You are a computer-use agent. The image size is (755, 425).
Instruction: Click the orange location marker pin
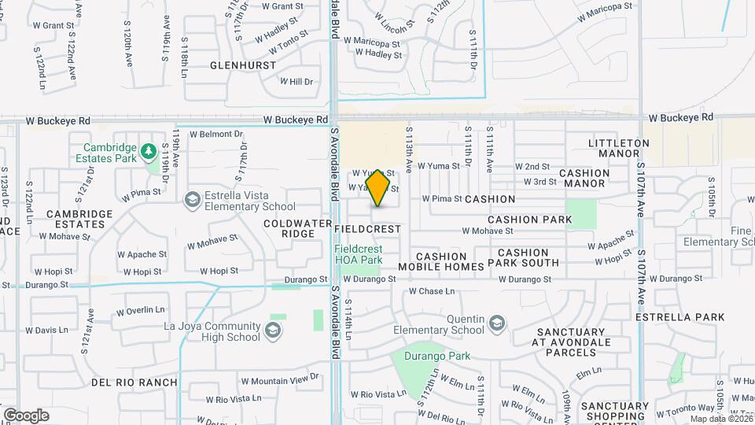[x=378, y=187]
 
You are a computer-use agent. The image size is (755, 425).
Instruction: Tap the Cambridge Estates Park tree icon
[x=147, y=150]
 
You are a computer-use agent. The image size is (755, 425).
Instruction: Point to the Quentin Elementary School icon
[x=496, y=323]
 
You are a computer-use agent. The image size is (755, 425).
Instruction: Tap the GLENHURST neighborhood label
[x=243, y=65]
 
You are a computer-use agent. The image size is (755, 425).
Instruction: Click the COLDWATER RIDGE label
[x=298, y=228]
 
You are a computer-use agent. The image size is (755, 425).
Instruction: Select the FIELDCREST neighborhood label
[x=367, y=228]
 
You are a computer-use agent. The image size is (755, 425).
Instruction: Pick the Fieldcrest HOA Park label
[x=359, y=254]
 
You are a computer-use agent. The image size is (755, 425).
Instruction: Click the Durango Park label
[x=438, y=356]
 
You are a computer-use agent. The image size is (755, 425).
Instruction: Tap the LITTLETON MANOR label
[x=619, y=148]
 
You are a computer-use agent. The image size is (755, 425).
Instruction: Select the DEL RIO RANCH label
[x=134, y=382]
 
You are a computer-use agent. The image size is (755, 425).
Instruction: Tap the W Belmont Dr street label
[x=216, y=134]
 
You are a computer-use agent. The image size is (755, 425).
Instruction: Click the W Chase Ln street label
[x=432, y=291]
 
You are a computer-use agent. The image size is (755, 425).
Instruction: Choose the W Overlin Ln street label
[x=142, y=310]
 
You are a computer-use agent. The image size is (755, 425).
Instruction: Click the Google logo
[x=26, y=415]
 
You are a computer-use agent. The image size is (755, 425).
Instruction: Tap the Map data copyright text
[x=720, y=419]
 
